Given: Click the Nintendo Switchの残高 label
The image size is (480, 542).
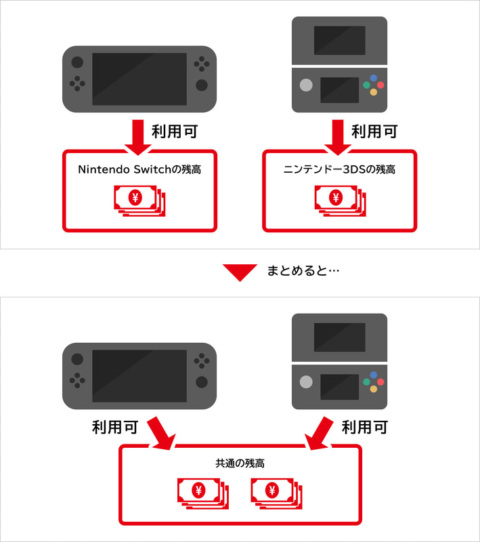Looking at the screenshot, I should click(139, 169).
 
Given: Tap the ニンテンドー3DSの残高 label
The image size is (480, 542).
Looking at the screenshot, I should click(339, 169).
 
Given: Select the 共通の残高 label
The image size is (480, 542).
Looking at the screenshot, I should click(240, 464).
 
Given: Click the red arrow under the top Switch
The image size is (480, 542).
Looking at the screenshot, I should click(139, 135).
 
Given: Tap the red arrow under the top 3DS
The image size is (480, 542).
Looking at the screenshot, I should click(339, 135).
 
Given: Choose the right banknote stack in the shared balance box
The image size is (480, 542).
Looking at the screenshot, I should click(275, 491).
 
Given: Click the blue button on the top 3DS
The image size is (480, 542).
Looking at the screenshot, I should click(373, 79).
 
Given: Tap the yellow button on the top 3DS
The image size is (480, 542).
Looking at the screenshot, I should click(373, 93).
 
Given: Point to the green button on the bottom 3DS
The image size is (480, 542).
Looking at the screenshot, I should click(366, 382).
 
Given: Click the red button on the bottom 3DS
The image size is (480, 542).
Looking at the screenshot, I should click(380, 382).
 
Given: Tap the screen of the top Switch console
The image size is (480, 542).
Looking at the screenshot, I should click(139, 79).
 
